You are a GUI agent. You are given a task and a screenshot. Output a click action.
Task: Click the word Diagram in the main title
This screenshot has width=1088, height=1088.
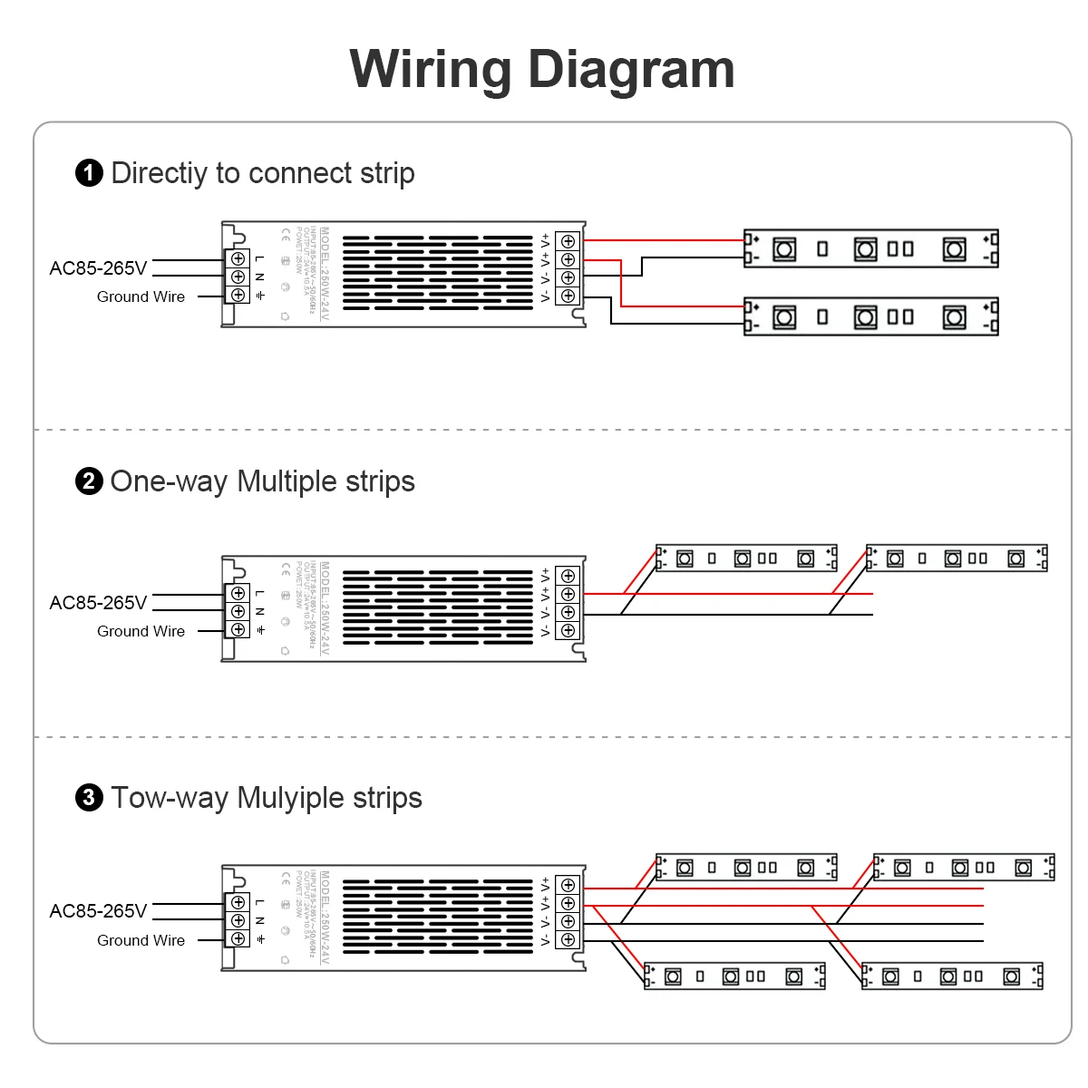[x=631, y=69]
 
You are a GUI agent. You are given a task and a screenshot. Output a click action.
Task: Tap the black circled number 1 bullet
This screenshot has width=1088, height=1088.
[x=89, y=173]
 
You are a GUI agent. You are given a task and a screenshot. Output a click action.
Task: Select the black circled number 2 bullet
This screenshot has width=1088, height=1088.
[x=89, y=481]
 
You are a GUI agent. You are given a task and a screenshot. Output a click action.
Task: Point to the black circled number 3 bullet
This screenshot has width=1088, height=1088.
[x=89, y=798]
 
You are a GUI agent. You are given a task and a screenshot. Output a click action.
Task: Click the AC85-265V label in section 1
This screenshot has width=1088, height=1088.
[x=98, y=268]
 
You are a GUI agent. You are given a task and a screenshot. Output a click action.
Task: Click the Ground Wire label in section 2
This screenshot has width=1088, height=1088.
[x=141, y=631]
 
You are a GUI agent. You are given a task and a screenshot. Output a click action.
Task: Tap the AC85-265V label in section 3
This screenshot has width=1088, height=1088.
[x=98, y=911]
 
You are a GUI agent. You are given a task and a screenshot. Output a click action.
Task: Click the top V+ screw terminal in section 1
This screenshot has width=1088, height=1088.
[x=568, y=241]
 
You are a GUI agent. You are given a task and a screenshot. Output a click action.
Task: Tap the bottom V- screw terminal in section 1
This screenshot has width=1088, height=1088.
[x=568, y=296]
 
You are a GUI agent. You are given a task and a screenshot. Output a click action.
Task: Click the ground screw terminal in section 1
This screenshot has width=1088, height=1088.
[x=238, y=295]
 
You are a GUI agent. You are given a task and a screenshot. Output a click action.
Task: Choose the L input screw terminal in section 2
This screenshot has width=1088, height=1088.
[x=238, y=593]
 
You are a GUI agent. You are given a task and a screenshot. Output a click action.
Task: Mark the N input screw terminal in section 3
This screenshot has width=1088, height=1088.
[x=238, y=920]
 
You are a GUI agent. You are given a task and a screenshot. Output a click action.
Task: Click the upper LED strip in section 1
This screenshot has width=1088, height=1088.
[x=870, y=248]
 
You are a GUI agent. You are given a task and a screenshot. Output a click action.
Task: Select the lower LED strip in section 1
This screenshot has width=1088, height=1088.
[x=870, y=316]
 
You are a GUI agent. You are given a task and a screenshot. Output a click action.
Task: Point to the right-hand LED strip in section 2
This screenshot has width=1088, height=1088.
[x=957, y=559]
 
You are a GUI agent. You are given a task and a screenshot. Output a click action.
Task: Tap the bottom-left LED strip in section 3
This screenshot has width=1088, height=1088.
[x=734, y=976]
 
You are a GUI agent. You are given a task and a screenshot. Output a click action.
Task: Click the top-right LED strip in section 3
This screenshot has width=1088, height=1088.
[x=964, y=868]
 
